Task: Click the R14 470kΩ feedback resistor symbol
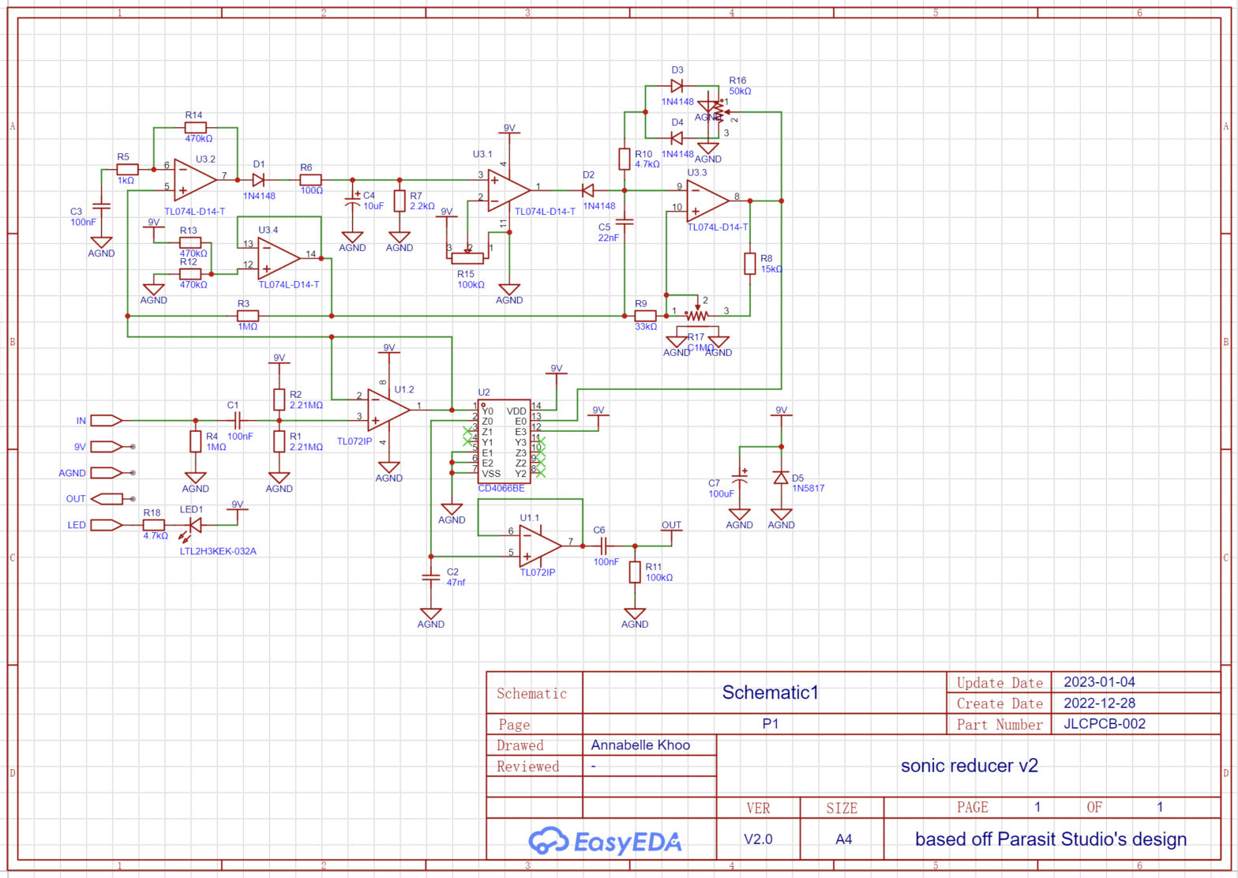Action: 195,127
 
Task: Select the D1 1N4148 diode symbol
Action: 258,179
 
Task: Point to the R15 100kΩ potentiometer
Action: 470,258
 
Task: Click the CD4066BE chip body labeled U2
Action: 504,442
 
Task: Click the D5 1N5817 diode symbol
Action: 781,478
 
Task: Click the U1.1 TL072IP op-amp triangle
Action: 539,545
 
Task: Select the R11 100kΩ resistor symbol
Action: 635,572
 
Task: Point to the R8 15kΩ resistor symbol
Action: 750,263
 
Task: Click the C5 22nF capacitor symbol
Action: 625,222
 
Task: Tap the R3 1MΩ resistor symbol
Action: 248,315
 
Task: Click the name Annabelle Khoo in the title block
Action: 640,745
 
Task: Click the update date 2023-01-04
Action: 1099,682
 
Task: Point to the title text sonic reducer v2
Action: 969,765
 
